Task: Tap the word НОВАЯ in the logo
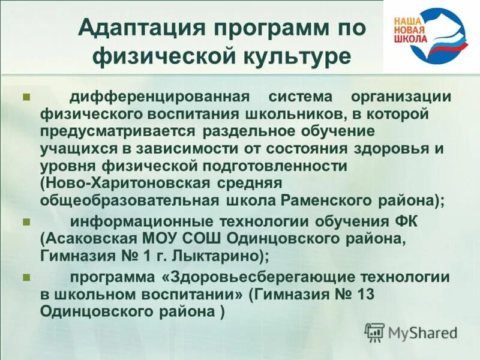409,29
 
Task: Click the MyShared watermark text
422,332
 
